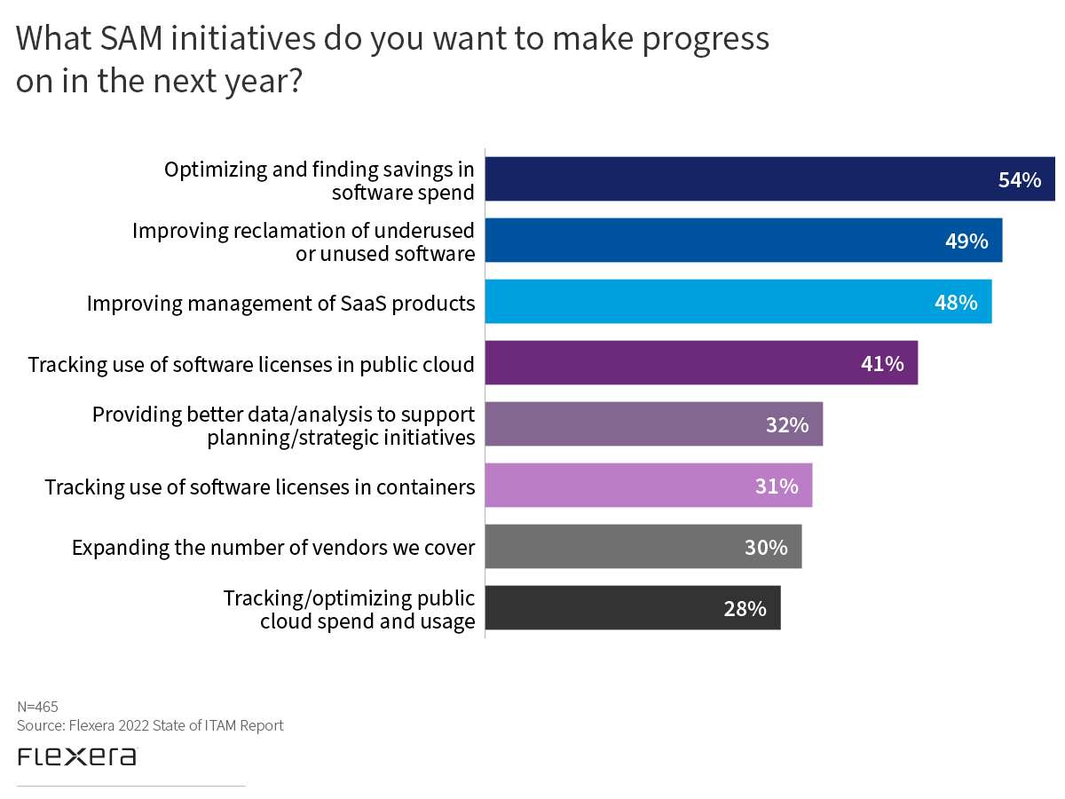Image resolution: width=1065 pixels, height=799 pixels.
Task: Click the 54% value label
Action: (x=1019, y=180)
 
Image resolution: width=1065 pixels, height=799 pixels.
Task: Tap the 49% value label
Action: (x=966, y=241)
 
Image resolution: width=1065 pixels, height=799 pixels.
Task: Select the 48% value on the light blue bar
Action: (x=956, y=302)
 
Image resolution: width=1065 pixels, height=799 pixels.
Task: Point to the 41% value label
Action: (x=882, y=363)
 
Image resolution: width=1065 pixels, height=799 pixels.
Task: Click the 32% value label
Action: (x=787, y=425)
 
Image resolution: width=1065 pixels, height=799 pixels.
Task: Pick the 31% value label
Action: (x=777, y=486)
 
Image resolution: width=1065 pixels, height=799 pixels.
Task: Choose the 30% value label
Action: (x=766, y=547)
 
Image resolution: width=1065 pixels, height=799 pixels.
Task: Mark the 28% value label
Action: (x=745, y=608)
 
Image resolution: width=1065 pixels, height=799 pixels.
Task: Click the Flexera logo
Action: (x=77, y=756)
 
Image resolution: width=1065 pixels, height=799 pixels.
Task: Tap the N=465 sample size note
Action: (x=38, y=707)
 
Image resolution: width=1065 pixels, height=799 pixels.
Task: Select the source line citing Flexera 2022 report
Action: (x=150, y=725)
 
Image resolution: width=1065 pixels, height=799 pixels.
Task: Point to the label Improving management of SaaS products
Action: (x=280, y=303)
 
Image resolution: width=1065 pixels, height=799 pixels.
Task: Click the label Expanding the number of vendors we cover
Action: (x=273, y=547)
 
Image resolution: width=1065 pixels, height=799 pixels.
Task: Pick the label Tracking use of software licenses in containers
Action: (x=260, y=487)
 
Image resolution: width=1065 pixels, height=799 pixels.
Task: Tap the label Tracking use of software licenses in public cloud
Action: (x=251, y=364)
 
